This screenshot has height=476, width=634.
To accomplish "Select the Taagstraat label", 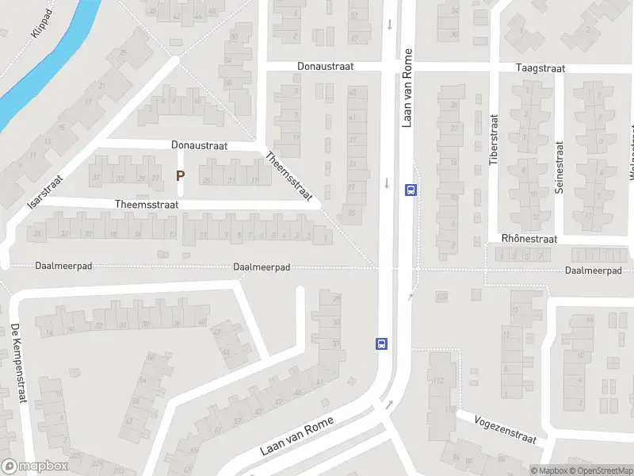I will (540, 69).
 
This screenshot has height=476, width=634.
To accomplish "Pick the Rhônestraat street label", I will (529, 239).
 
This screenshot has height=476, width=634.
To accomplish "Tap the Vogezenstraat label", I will (506, 429).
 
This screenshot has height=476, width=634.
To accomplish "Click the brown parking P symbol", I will (181, 175).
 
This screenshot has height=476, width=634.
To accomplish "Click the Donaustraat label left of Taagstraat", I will (325, 67).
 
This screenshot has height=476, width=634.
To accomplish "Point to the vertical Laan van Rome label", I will (407, 88).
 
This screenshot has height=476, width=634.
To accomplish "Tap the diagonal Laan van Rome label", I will (296, 437).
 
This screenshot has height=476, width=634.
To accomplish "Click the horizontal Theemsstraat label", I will (147, 204).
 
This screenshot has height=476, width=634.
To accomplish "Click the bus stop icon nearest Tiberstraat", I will (411, 190).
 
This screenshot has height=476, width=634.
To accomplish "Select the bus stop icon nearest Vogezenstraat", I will (381, 344).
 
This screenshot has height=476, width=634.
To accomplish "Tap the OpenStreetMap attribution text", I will (600, 470).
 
